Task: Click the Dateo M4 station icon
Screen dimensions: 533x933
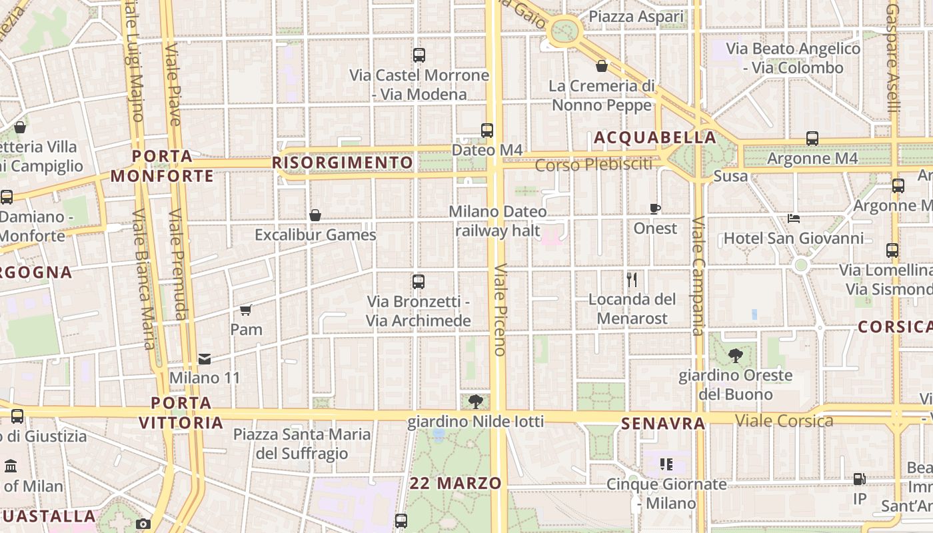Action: point(487,130)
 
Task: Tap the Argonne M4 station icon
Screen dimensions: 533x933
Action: point(812,139)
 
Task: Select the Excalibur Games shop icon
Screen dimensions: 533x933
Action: point(315,215)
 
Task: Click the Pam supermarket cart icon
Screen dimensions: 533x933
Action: point(246,310)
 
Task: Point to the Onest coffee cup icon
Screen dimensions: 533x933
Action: point(655,209)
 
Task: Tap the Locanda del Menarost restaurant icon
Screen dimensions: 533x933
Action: point(632,279)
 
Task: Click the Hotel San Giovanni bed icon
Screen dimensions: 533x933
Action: point(793,218)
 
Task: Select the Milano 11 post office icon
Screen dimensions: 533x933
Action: point(205,359)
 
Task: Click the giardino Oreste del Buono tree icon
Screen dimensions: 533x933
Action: point(736,355)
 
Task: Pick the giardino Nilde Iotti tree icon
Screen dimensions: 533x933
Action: point(476,401)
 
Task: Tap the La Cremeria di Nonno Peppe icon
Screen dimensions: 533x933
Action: point(602,66)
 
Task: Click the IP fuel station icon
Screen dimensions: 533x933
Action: point(860,478)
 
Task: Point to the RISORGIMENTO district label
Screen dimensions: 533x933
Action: point(343,163)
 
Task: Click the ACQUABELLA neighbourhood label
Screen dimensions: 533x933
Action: point(654,138)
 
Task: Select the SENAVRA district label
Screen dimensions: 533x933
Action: point(662,424)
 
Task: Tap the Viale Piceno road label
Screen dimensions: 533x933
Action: point(500,310)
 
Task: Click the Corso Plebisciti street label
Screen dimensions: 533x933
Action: point(594,165)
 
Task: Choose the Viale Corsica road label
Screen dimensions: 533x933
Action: point(784,420)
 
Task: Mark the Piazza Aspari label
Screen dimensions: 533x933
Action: point(636,17)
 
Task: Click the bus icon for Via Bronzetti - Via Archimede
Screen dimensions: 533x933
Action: point(419,282)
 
